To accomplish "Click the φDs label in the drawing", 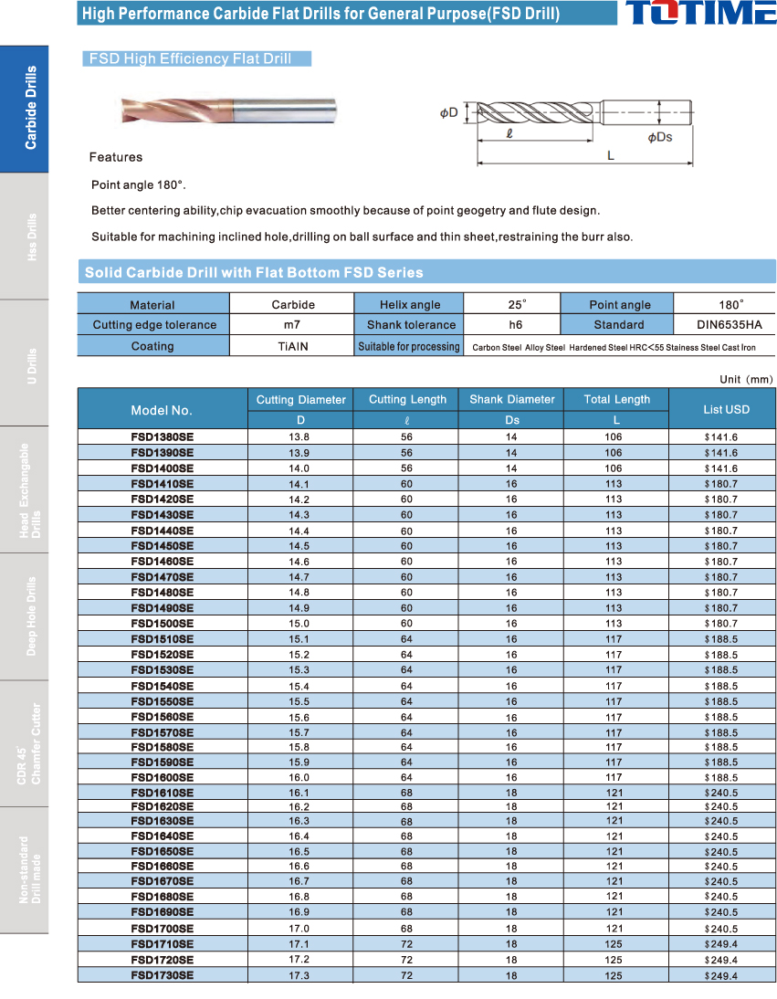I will (x=659, y=137).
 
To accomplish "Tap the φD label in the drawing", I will (x=448, y=113).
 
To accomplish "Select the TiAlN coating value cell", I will (x=293, y=346).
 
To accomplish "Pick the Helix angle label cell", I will (x=410, y=305).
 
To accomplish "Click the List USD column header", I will (x=726, y=409).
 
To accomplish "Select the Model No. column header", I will (x=162, y=410).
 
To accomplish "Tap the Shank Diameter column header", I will (x=511, y=399).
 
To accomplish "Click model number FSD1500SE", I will (x=163, y=624).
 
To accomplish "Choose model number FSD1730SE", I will (x=163, y=975).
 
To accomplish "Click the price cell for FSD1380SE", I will (x=721, y=437).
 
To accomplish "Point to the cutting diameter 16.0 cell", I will (x=299, y=777).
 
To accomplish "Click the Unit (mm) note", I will (x=746, y=379).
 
